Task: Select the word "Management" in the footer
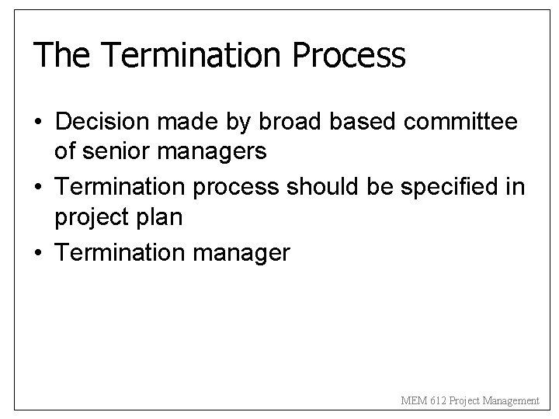[x=511, y=401]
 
